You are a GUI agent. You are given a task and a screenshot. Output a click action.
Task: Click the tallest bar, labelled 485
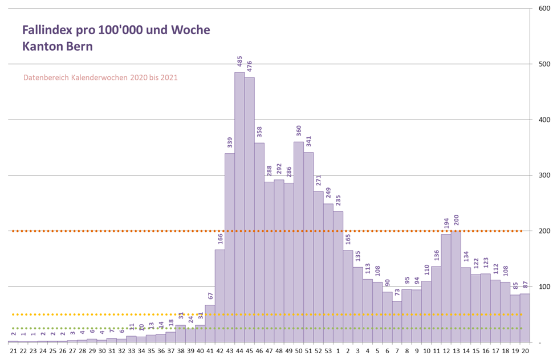pyautogui.click(x=239, y=207)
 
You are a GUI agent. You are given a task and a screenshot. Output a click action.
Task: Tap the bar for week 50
pyautogui.click(x=299, y=242)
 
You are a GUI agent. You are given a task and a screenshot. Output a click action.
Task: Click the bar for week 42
pyautogui.click(x=219, y=296)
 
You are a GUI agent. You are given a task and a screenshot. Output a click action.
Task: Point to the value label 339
pyautogui.click(x=230, y=142)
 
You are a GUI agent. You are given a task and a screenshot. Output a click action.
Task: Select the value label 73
pyautogui.click(x=397, y=293)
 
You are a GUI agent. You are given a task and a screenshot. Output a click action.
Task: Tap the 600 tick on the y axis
pyautogui.click(x=544, y=9)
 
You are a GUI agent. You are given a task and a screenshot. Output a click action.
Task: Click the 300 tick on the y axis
pyautogui.click(x=544, y=175)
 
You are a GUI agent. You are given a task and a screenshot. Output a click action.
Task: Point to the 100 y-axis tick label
pyautogui.click(x=544, y=287)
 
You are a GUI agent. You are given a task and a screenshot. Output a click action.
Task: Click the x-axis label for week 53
pyautogui.click(x=328, y=351)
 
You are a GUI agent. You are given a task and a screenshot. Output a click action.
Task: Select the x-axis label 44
pyautogui.click(x=239, y=351)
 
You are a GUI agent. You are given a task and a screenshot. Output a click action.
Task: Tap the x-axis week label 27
pyautogui.click(x=72, y=351)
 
